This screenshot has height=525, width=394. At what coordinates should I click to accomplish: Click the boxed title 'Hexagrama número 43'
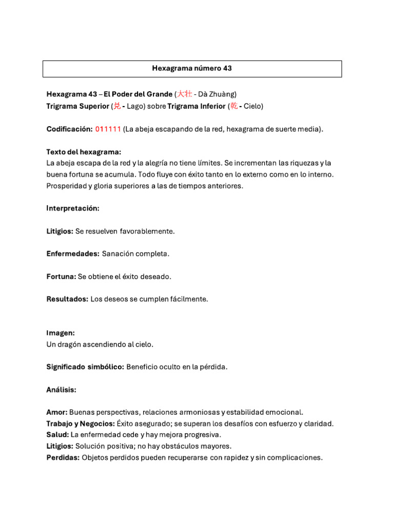click(x=192, y=68)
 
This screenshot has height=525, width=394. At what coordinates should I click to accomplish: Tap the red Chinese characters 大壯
click(x=185, y=94)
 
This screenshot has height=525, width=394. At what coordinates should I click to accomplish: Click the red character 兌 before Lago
click(x=117, y=106)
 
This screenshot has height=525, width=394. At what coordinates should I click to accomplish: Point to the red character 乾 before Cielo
click(x=233, y=106)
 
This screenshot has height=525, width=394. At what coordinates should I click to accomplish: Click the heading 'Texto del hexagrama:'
click(x=84, y=152)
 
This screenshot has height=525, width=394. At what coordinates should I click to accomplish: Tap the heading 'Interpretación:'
click(x=73, y=209)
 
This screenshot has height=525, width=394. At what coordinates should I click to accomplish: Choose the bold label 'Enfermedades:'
click(x=73, y=254)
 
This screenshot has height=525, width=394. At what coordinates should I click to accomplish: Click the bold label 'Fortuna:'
click(x=61, y=276)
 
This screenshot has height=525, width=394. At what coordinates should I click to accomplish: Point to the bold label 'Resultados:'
click(x=67, y=299)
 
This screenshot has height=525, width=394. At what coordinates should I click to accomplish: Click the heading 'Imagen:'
click(x=61, y=333)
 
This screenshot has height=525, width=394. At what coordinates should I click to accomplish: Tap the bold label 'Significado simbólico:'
click(x=85, y=367)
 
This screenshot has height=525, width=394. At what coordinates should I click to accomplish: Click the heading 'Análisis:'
click(x=61, y=390)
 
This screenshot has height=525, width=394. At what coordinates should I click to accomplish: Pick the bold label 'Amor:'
click(x=57, y=412)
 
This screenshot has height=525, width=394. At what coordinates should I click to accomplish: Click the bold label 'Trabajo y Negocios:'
click(x=81, y=423)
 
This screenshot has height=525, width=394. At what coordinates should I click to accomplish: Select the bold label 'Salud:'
click(x=58, y=435)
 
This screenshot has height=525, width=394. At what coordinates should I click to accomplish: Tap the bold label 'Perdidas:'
click(x=63, y=457)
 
